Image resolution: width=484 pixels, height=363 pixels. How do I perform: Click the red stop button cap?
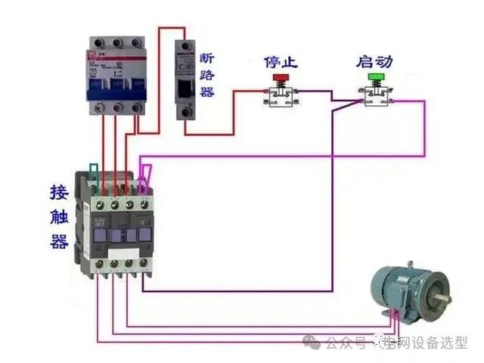(x=279, y=77)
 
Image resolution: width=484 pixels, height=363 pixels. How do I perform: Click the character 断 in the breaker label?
(x=207, y=59)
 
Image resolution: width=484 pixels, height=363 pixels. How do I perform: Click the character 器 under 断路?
(x=207, y=92)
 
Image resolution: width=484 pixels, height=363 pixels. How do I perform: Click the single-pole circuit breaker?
(x=185, y=79)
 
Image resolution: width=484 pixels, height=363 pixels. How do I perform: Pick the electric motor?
(x=408, y=287)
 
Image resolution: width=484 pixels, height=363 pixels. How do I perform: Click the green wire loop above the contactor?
(x=92, y=173)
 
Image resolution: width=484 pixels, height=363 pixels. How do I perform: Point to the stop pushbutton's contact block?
(x=279, y=98)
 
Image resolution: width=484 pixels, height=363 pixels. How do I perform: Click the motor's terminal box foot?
(x=390, y=315)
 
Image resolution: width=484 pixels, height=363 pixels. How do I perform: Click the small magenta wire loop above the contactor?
(x=147, y=175)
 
